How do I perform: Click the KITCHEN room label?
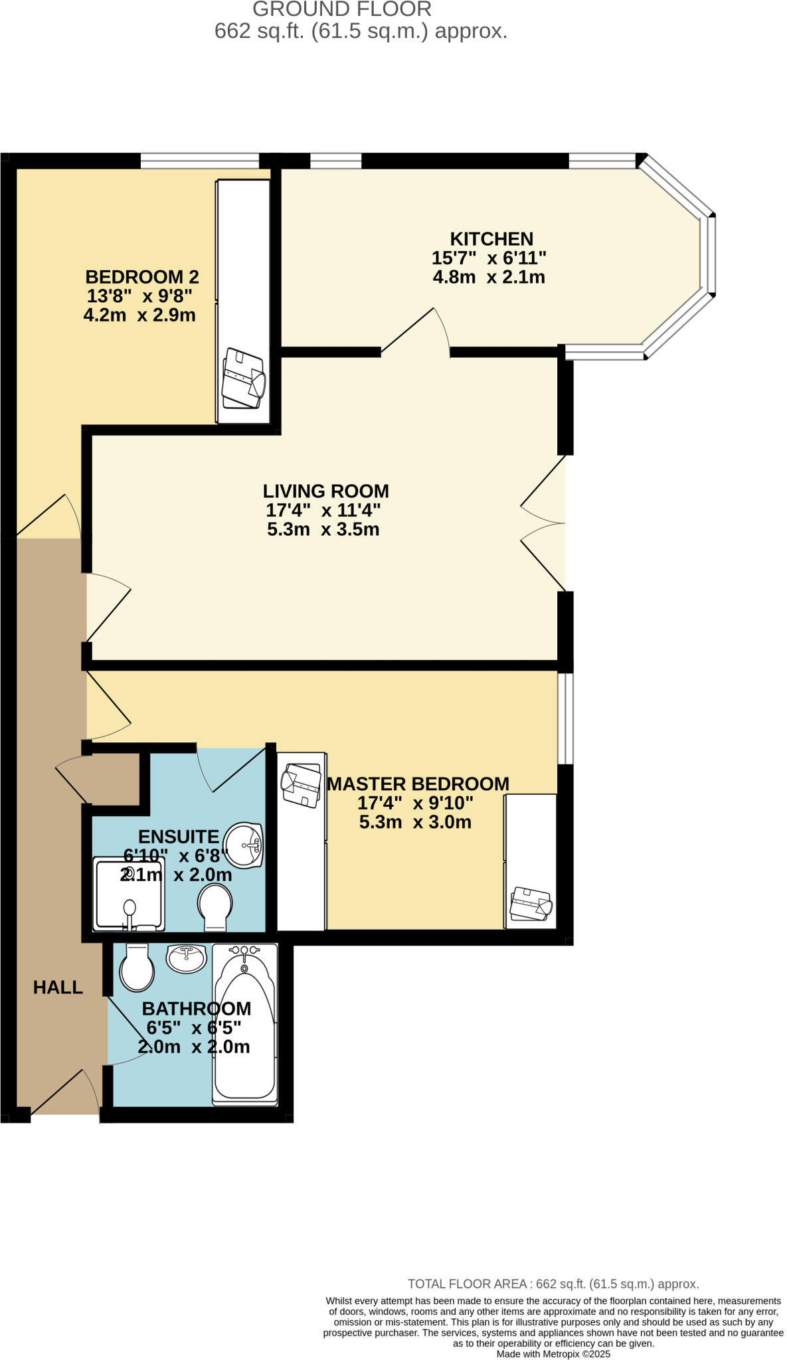491,239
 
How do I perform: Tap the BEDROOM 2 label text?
142,277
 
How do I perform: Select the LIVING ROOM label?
325,491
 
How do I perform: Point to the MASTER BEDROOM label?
418,784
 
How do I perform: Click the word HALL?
58,987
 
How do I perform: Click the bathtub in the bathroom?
244,1024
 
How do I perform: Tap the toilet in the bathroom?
136,968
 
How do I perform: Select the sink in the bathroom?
186,959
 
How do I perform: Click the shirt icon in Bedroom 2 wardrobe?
243,379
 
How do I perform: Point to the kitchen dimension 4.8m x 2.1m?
489,277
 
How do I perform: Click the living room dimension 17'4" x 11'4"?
323,511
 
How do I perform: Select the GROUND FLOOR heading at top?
342,9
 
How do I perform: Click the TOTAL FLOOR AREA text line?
553,1284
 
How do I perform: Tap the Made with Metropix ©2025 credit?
553,1353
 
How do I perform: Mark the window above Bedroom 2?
199,160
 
